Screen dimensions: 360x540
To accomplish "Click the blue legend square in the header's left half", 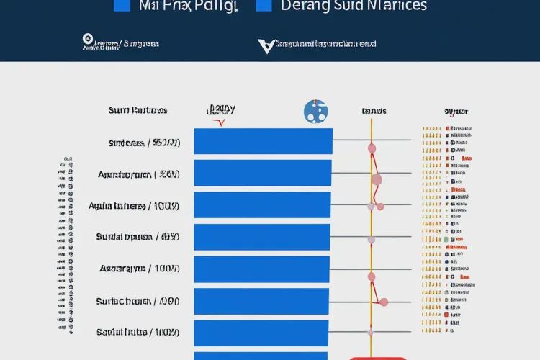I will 122,5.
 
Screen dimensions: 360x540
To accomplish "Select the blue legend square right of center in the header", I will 264,5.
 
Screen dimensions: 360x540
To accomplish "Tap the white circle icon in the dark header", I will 89,40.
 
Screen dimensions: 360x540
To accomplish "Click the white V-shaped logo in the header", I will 266,46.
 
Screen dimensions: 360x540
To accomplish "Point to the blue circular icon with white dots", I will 315,111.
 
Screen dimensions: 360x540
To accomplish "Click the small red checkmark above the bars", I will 221,122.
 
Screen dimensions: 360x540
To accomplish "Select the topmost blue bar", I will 263,141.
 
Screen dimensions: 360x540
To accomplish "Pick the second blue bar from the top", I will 263,173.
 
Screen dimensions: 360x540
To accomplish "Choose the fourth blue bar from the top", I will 262,237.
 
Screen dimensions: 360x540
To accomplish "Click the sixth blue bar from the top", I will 261,301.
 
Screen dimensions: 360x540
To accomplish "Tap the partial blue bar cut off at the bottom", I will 261,356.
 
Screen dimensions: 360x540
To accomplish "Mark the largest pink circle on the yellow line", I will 376,179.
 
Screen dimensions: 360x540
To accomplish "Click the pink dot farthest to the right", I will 384,302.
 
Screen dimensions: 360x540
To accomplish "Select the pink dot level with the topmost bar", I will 372,148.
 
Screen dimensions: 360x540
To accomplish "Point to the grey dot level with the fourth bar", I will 372,240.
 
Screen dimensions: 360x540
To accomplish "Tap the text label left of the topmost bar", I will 144,143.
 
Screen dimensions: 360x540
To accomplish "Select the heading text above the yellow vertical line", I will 374,111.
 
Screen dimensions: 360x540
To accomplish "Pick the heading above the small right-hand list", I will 456,112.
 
